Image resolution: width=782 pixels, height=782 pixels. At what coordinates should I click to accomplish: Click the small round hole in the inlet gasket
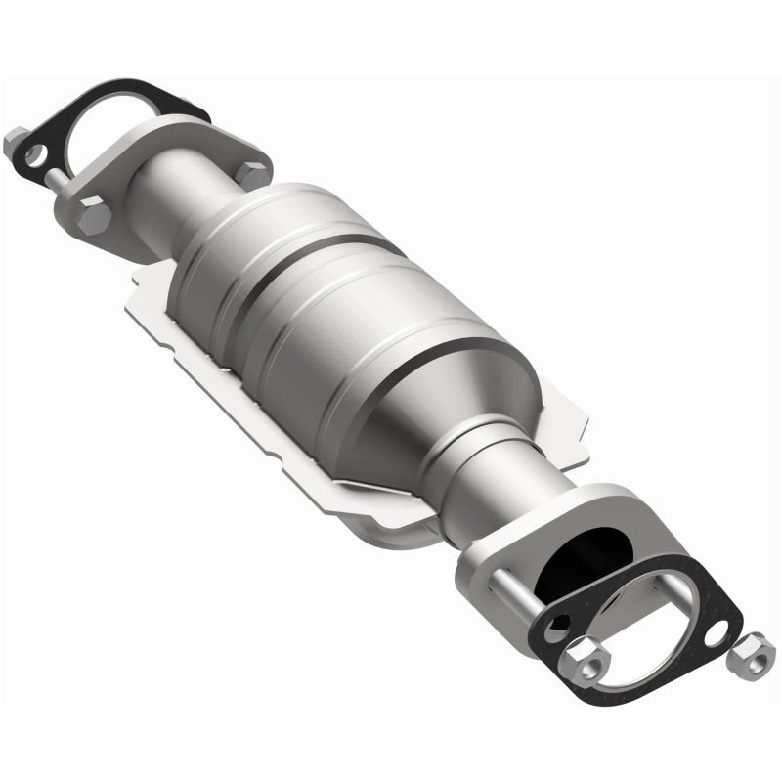(38, 153)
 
